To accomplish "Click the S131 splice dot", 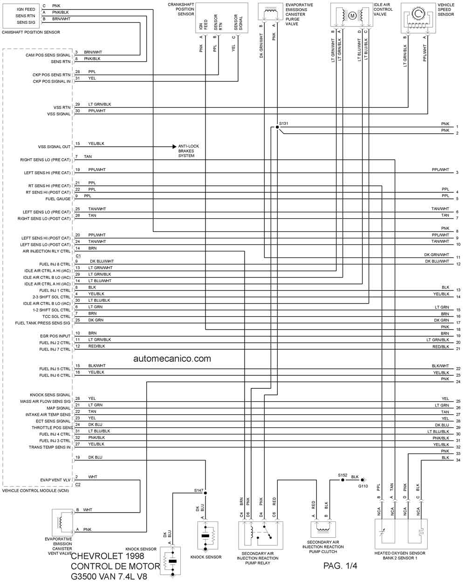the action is click(277, 127).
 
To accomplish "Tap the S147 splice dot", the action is click(205, 493).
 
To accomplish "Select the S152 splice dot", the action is click(342, 480).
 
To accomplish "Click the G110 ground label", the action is click(363, 486).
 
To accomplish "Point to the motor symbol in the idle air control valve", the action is click(352, 16).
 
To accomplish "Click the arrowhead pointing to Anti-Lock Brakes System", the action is click(175, 147).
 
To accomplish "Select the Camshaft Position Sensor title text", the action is click(31, 32).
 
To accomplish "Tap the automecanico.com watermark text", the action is click(172, 359).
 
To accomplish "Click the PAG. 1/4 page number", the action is click(340, 566).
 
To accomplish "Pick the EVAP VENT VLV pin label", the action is click(55, 480).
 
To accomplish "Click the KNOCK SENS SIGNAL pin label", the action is click(50, 395).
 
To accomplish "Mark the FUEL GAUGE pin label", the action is click(58, 199).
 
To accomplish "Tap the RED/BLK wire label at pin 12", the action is click(96, 346).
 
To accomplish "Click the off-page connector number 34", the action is click(458, 460).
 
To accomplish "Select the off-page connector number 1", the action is click(457, 127).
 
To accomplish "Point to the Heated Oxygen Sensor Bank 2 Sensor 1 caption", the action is click(400, 555).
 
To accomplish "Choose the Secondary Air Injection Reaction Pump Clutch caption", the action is click(323, 547).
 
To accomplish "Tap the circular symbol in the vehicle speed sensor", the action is click(418, 13).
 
